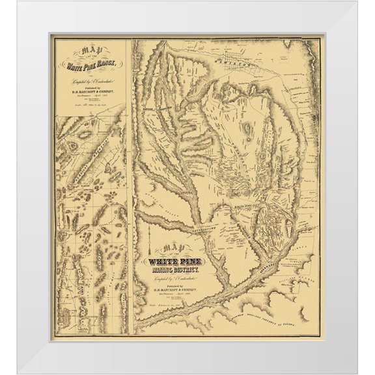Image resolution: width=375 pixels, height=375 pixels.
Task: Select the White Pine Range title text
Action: pos(90,65)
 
